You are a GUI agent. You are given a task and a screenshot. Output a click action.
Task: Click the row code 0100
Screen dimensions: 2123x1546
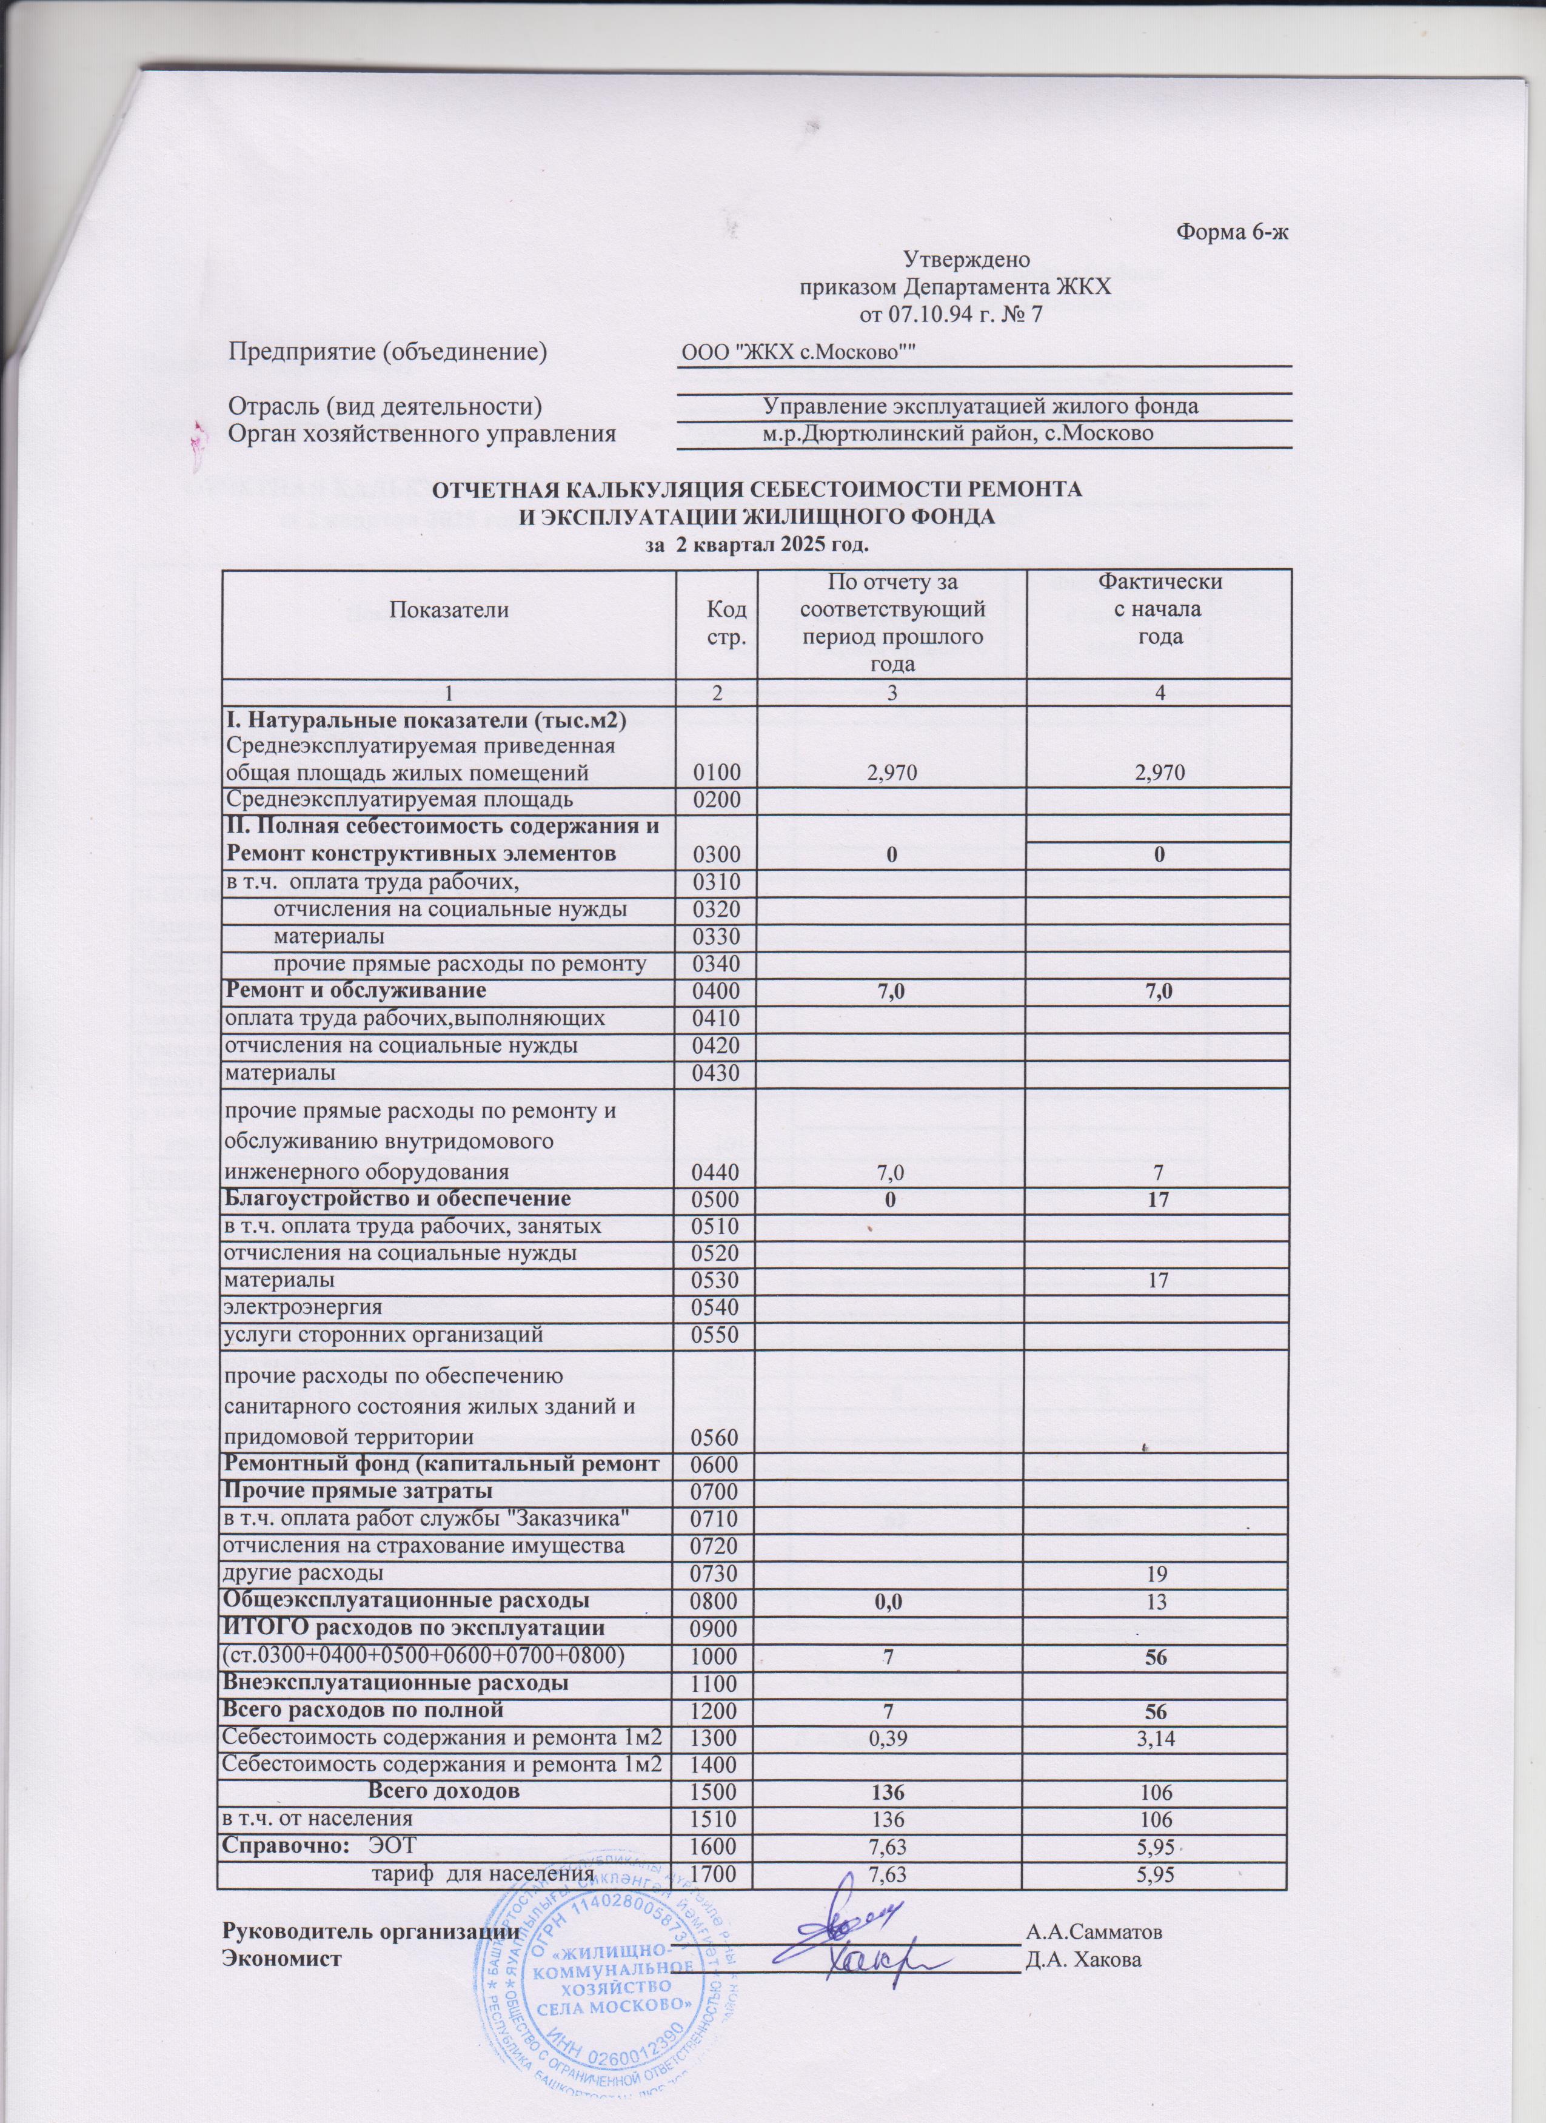(716, 773)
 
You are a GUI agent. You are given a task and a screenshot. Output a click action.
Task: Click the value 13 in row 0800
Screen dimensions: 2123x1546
(1159, 1601)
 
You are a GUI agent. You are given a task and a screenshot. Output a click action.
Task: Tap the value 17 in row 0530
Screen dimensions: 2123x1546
(1159, 1280)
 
